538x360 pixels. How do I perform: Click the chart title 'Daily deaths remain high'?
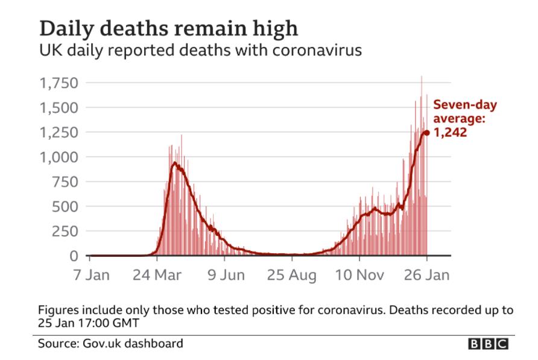[168, 29]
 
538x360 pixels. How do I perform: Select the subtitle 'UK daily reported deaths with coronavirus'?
[200, 50]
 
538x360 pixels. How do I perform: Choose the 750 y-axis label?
[68, 182]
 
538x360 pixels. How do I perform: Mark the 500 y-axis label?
[68, 207]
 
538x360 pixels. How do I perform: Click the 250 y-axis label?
[68, 232]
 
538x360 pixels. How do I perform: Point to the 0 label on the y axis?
[76, 256]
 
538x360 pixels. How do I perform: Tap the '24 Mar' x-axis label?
[157, 275]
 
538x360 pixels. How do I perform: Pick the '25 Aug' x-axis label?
[292, 275]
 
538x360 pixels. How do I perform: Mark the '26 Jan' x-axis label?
[426, 275]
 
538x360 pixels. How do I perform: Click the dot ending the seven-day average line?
[426, 133]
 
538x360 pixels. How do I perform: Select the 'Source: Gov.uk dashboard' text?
[110, 344]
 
